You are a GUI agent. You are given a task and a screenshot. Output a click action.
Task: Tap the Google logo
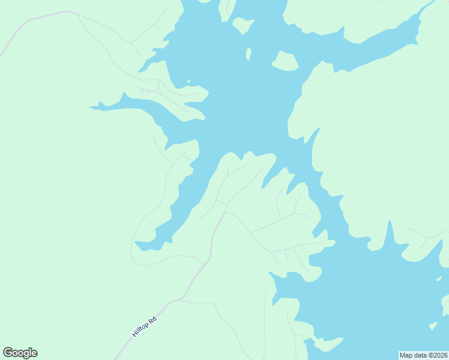[x=20, y=353]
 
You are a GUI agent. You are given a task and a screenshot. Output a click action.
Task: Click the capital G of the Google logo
[x=7, y=352]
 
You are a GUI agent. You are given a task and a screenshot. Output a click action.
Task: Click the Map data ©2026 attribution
[x=424, y=355]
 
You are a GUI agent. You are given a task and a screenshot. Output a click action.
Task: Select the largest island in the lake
[x=286, y=61]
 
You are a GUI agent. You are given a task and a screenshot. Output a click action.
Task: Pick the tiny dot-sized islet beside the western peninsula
[x=188, y=82]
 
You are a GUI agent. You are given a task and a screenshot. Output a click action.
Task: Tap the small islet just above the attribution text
[x=433, y=326]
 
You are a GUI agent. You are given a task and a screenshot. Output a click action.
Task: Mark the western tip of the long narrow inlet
[x=91, y=108]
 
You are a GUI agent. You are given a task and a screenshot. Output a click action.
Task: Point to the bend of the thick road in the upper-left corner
[x=67, y=12]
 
